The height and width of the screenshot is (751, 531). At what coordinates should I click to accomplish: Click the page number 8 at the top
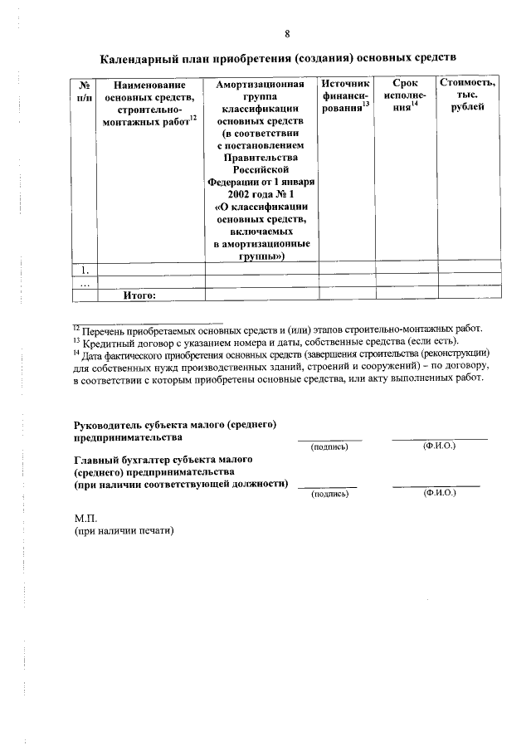[x=287, y=34]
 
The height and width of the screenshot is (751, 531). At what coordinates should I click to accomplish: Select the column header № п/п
[x=84, y=91]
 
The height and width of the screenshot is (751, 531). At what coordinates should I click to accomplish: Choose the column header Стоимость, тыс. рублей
[x=469, y=97]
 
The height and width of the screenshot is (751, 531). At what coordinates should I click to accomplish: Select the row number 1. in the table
[x=84, y=269]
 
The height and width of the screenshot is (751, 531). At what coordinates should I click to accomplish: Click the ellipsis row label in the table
[x=84, y=281]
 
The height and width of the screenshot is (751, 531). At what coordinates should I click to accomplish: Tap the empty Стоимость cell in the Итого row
[x=469, y=294]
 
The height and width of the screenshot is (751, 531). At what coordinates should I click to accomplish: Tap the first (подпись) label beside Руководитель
[x=329, y=446]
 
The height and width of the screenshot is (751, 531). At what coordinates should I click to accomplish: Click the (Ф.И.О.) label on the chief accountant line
[x=439, y=493]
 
